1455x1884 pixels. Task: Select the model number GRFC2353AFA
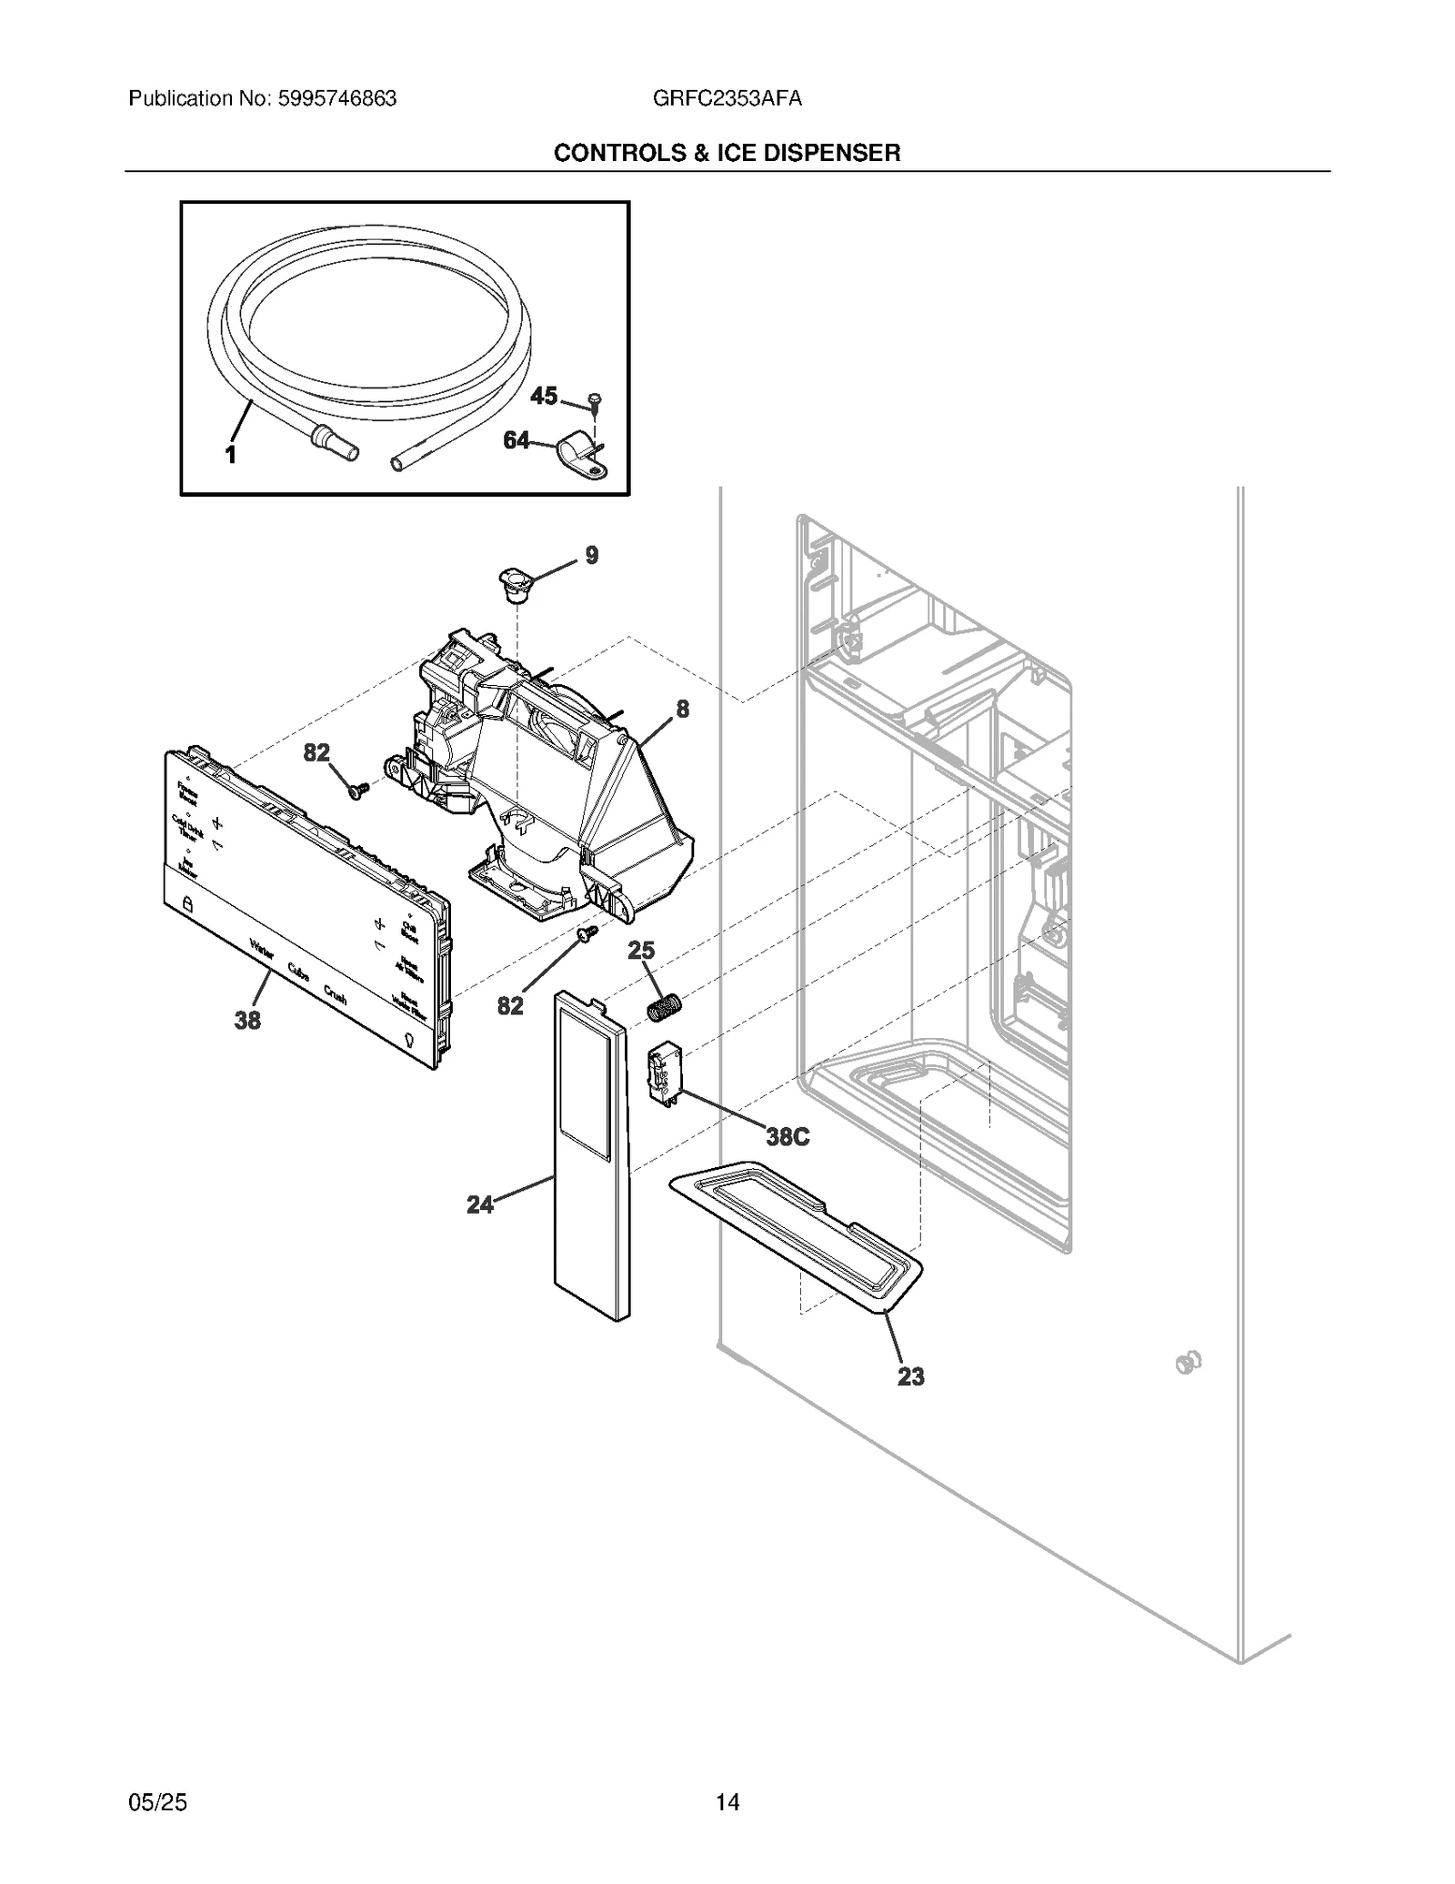tap(727, 98)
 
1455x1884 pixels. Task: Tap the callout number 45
tap(544, 396)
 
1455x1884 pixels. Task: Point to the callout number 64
tap(516, 441)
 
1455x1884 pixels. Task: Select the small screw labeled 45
tap(595, 400)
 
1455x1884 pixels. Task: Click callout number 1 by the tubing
tap(231, 455)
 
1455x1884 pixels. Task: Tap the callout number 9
tap(592, 555)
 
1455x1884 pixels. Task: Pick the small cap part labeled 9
tap(516, 585)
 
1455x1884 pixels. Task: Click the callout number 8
tap(682, 709)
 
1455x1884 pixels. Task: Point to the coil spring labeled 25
tap(664, 1008)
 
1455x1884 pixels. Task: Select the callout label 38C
tap(788, 1137)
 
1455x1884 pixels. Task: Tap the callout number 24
tap(479, 1204)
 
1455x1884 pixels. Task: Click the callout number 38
tap(247, 1021)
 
